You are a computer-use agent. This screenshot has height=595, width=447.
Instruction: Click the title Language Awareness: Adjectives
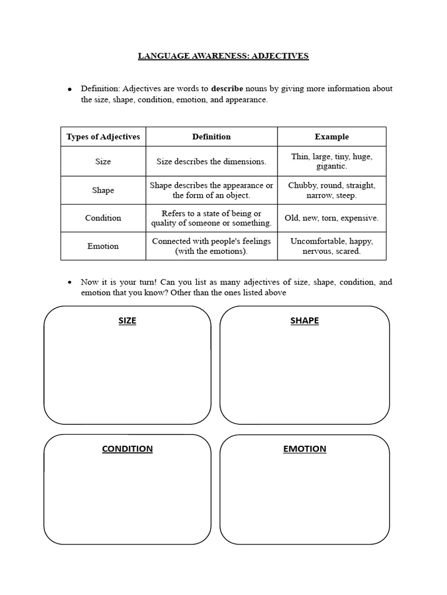click(223, 56)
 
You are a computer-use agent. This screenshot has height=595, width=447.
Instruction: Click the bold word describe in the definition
click(227, 89)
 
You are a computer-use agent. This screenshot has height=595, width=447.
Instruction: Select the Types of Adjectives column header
click(103, 137)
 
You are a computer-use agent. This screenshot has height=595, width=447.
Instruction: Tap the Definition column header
click(211, 137)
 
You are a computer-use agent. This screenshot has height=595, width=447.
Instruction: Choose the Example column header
click(332, 137)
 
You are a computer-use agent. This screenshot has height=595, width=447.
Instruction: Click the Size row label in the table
click(103, 162)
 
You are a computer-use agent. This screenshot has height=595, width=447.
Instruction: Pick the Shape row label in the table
click(103, 190)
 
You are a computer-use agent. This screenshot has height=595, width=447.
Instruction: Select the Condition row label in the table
click(103, 218)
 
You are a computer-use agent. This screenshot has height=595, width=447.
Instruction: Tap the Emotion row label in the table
click(103, 246)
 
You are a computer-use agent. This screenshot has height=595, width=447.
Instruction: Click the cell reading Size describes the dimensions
click(211, 162)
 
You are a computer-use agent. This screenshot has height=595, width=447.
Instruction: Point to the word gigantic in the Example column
click(331, 166)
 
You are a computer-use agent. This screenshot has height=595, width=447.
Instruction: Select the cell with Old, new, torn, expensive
click(331, 218)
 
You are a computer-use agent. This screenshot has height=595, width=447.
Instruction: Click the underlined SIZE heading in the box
click(127, 321)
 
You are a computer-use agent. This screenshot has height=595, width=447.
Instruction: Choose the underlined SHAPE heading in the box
click(304, 321)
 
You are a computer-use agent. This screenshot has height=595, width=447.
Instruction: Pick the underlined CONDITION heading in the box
click(127, 449)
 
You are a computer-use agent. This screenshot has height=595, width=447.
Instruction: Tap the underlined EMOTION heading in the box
click(304, 449)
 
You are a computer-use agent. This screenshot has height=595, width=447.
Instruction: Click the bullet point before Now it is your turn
click(70, 282)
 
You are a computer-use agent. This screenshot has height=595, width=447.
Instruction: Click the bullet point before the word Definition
click(70, 89)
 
